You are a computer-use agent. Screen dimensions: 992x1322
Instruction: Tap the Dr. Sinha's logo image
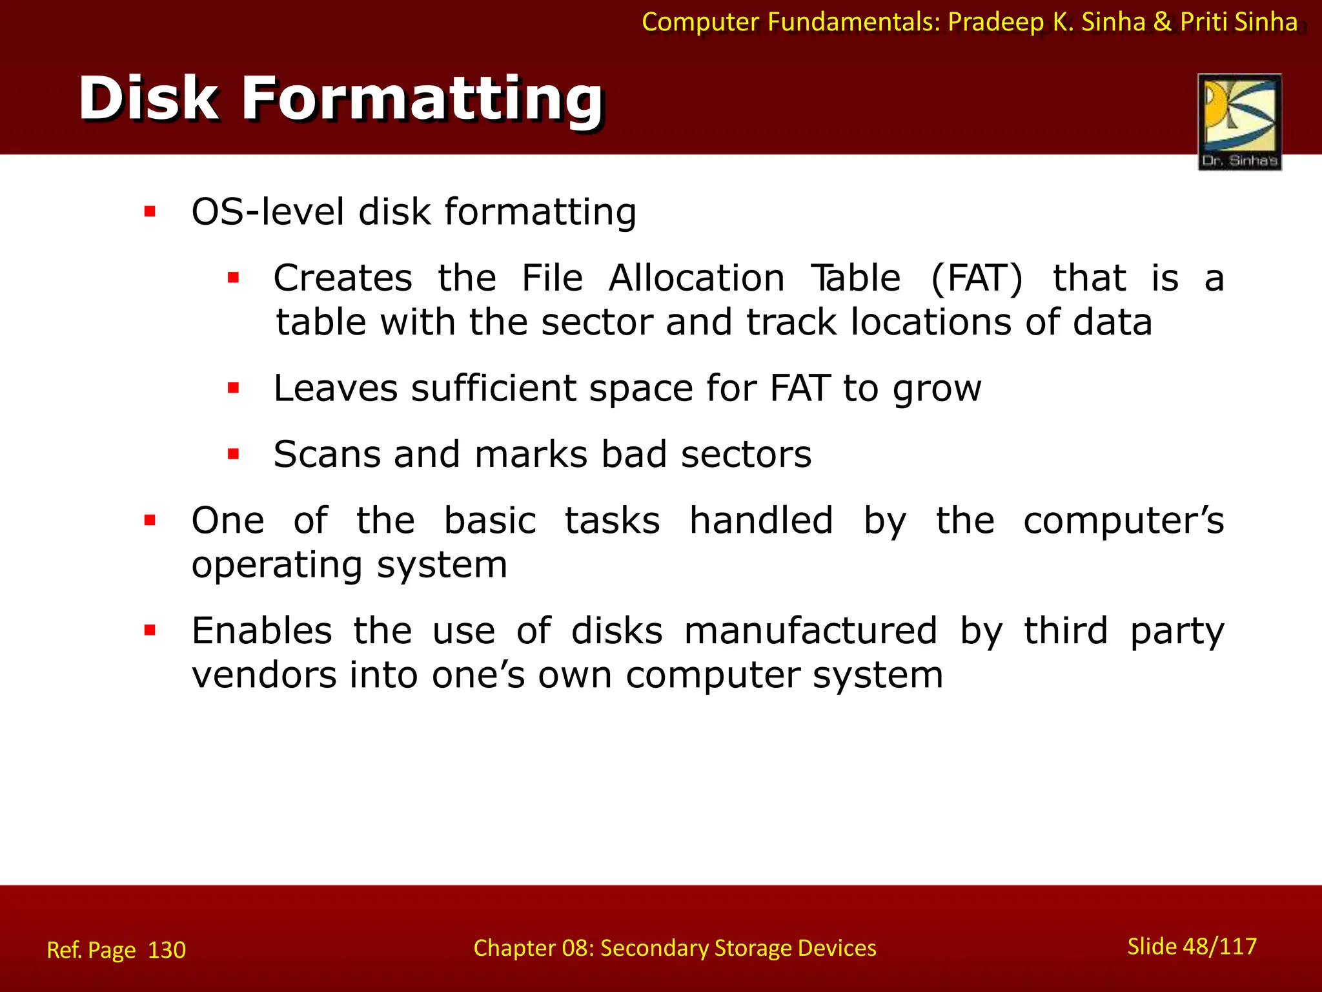pyautogui.click(x=1239, y=121)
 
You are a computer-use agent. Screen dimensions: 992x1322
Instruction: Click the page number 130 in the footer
pyautogui.click(x=167, y=950)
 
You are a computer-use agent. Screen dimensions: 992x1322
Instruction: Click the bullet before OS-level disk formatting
pyautogui.click(x=150, y=211)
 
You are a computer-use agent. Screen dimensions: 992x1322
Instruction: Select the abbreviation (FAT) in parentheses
pyautogui.click(x=977, y=278)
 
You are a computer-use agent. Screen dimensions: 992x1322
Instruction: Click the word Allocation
pyautogui.click(x=697, y=278)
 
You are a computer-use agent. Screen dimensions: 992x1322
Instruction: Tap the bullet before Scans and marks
pyautogui.click(x=234, y=454)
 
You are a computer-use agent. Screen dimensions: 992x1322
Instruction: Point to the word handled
pyautogui.click(x=761, y=521)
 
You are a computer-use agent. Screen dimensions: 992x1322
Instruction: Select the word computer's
pyautogui.click(x=1123, y=521)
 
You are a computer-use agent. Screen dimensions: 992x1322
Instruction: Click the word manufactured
pyautogui.click(x=810, y=631)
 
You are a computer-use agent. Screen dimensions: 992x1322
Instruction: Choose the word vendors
pyautogui.click(x=264, y=676)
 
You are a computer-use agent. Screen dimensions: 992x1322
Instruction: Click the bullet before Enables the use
pyautogui.click(x=150, y=630)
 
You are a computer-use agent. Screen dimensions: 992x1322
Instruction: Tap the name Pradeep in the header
pyautogui.click(x=995, y=22)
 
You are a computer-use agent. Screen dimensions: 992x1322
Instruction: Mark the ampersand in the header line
pyautogui.click(x=1162, y=22)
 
